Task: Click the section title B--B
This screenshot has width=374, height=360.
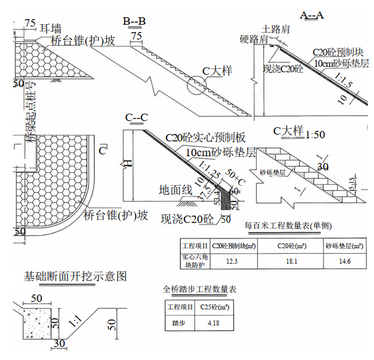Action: pos(134,22)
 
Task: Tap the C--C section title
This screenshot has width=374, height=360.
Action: pos(136,117)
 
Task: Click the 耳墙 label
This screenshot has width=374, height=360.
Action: pos(50,28)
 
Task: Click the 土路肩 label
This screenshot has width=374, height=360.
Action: pos(275,29)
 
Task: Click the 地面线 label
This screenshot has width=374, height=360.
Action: pos(175,189)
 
